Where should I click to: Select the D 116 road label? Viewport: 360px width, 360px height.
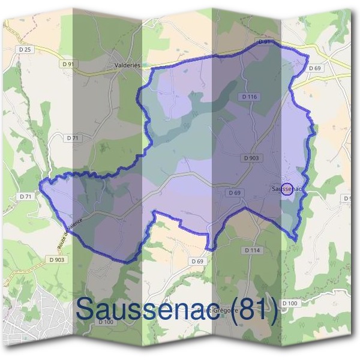click(x=250, y=97)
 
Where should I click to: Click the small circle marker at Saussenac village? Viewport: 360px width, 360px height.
click(x=287, y=189)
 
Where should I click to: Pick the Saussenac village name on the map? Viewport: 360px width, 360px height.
click(x=285, y=189)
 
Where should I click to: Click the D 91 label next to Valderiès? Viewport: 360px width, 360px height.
click(x=68, y=63)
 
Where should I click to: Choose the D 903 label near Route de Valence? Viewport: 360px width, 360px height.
click(x=56, y=259)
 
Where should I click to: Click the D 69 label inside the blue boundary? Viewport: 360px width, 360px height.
click(x=234, y=193)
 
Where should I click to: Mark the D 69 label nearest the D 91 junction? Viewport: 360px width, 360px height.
click(x=315, y=68)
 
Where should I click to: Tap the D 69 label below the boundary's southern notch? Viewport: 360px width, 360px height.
click(x=197, y=262)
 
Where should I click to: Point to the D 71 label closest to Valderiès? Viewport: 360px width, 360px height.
click(x=71, y=138)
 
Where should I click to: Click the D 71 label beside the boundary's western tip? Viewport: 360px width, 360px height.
click(x=25, y=196)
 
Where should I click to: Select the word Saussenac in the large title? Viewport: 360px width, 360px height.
click(x=150, y=308)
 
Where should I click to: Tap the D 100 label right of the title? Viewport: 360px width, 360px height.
click(x=289, y=304)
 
